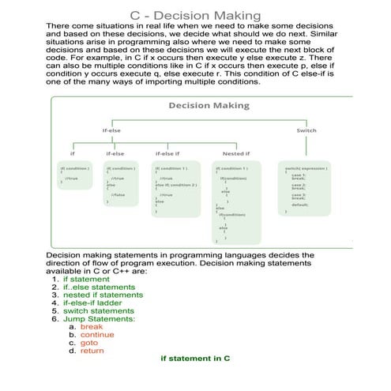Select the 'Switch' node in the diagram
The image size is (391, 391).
pyautogui.click(x=306, y=130)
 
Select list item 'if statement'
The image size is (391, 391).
pyautogui.click(x=87, y=280)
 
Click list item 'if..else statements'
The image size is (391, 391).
pyautogui.click(x=99, y=288)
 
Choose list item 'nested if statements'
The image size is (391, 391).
pyautogui.click(x=103, y=298)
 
